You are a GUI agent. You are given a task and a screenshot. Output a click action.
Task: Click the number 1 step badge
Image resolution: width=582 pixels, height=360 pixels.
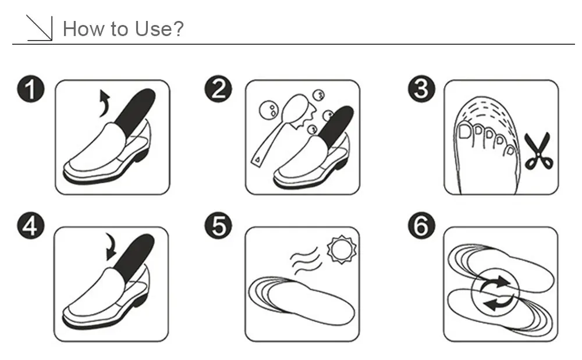[31, 90]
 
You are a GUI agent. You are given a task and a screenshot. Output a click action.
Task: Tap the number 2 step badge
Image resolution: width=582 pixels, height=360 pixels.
[219, 90]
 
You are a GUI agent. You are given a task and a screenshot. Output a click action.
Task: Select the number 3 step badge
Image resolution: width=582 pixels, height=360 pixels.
[421, 90]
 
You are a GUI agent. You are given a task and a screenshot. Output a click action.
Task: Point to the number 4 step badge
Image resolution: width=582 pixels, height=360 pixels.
[31, 226]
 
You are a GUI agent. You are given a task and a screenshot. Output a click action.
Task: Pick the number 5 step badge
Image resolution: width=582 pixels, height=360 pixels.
[219, 226]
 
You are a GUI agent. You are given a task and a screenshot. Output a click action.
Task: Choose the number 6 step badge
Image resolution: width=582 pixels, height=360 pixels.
[421, 226]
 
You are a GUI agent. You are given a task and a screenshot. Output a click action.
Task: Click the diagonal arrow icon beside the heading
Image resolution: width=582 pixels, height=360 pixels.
[40, 28]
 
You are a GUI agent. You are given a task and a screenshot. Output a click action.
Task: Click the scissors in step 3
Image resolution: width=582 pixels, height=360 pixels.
[538, 151]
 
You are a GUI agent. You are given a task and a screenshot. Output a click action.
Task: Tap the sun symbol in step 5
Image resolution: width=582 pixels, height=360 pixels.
[342, 249]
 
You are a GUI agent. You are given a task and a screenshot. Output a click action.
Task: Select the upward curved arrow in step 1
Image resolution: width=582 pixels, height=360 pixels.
[104, 104]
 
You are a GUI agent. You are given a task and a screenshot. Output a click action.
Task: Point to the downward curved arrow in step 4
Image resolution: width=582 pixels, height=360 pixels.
[110, 247]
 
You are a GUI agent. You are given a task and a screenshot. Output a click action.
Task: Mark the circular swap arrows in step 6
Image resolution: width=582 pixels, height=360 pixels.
[496, 293]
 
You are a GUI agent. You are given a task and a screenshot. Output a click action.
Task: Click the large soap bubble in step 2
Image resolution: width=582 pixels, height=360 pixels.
[268, 110]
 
